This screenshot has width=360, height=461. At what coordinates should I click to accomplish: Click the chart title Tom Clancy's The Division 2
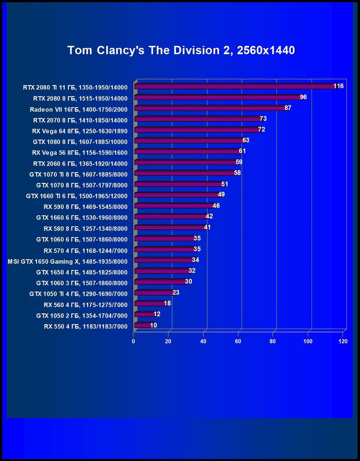click(x=181, y=50)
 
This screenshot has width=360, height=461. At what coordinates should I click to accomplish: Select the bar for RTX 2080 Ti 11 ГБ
click(x=235, y=87)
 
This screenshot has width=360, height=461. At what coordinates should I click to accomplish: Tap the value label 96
click(x=303, y=97)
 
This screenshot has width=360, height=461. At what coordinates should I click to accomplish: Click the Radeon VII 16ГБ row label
click(x=79, y=109)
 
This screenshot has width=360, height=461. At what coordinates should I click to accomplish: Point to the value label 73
click(x=263, y=119)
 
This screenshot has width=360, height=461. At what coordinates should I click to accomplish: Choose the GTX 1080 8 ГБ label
click(x=80, y=142)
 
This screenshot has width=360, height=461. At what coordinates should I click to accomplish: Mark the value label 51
click(x=225, y=184)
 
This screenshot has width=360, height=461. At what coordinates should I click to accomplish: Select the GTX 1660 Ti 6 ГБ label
click(x=77, y=196)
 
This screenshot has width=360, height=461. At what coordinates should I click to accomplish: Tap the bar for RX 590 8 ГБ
click(x=174, y=206)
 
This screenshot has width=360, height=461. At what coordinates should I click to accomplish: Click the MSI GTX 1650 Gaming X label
click(x=67, y=261)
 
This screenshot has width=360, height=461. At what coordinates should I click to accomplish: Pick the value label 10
click(x=153, y=325)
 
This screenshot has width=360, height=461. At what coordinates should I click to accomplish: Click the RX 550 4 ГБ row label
click(x=86, y=326)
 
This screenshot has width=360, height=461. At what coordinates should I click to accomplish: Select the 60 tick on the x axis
click(x=238, y=341)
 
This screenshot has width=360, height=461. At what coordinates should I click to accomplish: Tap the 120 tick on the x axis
click(x=343, y=341)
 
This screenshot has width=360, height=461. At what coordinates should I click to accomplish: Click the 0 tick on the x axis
click(x=133, y=341)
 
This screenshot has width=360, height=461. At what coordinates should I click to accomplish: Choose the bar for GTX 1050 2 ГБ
click(x=145, y=314)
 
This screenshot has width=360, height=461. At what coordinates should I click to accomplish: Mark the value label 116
click(x=338, y=86)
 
